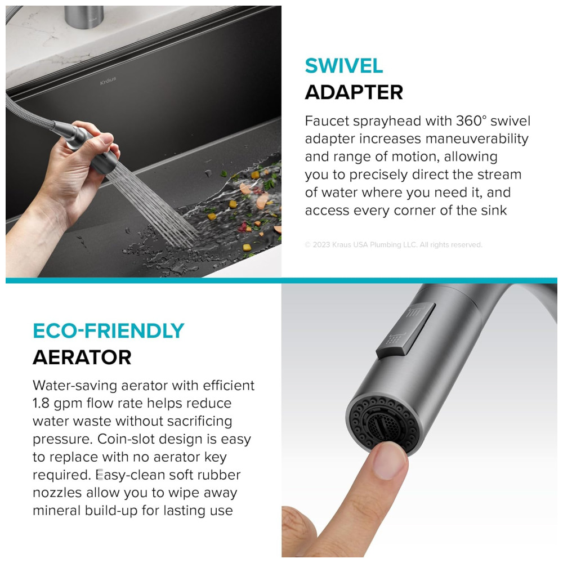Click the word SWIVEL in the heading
343,66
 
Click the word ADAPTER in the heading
354,92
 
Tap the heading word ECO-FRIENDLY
109,330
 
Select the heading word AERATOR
82,358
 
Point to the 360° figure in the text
471,120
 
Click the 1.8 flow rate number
41,403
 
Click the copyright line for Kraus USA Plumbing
394,244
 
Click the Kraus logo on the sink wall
108,81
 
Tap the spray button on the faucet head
405,330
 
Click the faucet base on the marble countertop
84,16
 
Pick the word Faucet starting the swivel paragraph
327,121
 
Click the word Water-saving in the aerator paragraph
75,386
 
